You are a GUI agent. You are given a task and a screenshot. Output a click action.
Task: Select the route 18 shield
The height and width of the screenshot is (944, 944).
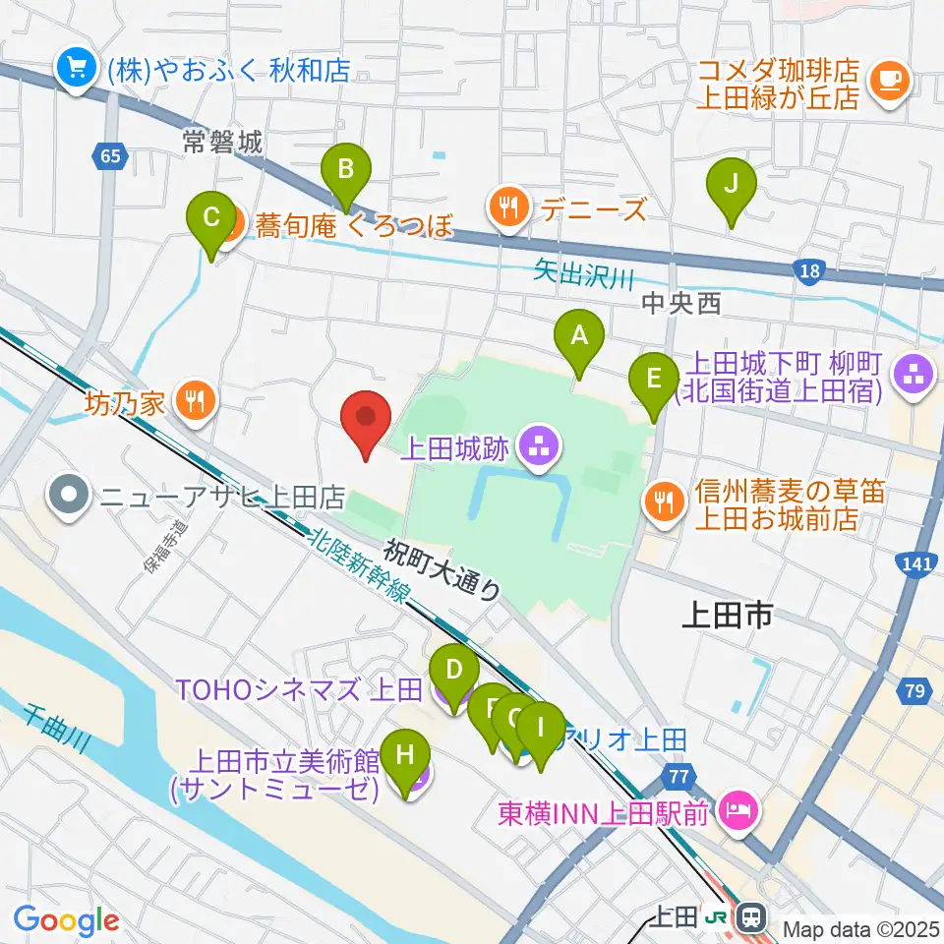point(808,269)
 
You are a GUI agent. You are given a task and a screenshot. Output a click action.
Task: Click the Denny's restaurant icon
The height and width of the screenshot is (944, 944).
point(507,207)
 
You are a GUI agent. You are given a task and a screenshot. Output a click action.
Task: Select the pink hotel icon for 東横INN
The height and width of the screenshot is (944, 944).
point(737,811)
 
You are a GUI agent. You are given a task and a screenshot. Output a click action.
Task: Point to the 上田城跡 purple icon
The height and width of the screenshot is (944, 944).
point(537,450)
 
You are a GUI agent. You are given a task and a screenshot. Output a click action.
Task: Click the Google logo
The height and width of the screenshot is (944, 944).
point(66,920)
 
